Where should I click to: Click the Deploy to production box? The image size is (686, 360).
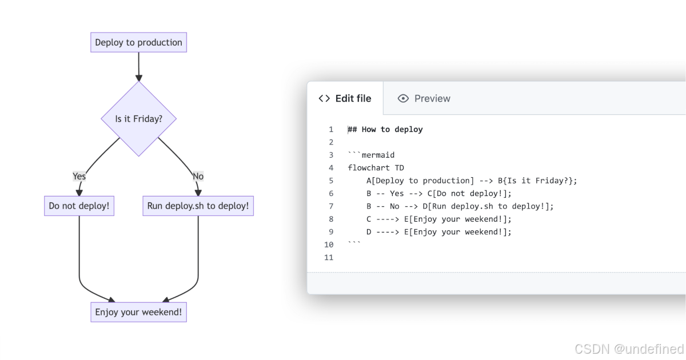point(138,42)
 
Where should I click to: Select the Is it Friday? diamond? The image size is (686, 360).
point(138,119)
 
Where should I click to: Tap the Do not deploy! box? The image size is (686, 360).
point(79,206)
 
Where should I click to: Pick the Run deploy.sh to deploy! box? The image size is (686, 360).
point(198,206)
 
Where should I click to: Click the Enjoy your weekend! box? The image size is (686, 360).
point(138,313)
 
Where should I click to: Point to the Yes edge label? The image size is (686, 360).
point(79,176)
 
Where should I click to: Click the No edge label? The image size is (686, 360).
point(198,176)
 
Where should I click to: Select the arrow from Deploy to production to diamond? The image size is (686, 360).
point(138,66)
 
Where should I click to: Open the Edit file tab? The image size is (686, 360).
point(345,98)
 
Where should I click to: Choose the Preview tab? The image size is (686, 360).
point(424,98)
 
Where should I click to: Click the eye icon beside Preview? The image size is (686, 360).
point(403,98)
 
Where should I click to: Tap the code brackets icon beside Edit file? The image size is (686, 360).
point(324,98)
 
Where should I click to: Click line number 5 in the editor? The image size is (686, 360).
point(330,181)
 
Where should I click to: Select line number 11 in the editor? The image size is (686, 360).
point(328,257)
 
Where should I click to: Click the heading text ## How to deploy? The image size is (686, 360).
point(385,130)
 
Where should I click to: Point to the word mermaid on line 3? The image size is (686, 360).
point(378,155)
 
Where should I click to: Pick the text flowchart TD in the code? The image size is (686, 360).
point(376,168)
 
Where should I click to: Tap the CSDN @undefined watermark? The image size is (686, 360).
point(629,349)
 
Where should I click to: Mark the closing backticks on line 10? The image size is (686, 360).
point(354,243)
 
